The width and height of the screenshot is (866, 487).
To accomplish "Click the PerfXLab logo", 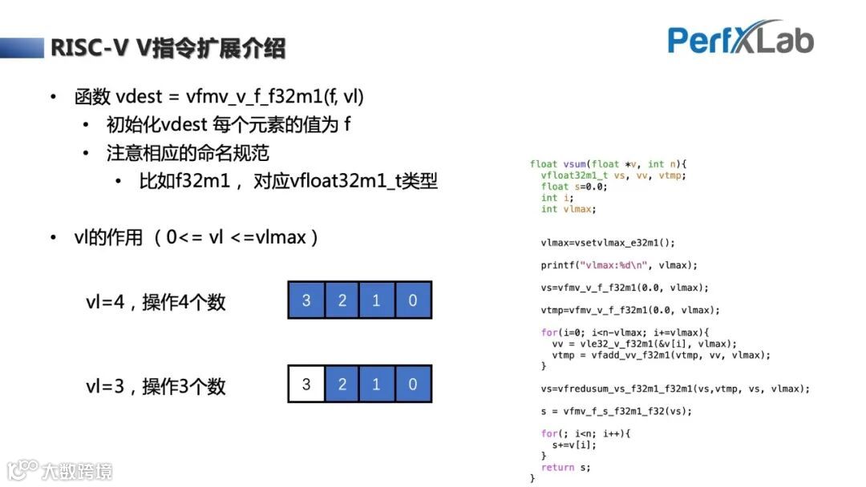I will click(740, 38).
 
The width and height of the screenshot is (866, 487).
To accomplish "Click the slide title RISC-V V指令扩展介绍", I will click(168, 48).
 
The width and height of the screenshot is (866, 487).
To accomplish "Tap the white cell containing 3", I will click(306, 384).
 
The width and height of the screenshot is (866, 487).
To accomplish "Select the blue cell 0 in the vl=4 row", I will click(413, 300).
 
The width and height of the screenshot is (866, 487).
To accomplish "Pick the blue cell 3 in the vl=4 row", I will click(306, 300).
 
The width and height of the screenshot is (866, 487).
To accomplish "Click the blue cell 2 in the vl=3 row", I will click(342, 384).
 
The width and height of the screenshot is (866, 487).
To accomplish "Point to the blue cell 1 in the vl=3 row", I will click(377, 384).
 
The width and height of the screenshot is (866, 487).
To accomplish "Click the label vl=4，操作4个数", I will click(156, 302).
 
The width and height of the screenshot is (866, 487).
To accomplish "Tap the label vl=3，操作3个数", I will click(156, 386).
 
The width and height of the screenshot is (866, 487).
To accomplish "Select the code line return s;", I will click(565, 467).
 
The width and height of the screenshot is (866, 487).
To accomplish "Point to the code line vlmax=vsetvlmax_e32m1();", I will click(608, 243).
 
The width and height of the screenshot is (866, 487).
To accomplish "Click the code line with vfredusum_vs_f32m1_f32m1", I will click(675, 388).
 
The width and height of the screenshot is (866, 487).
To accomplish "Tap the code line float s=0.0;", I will click(574, 187).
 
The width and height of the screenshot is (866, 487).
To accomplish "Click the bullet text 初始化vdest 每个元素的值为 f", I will click(229, 125).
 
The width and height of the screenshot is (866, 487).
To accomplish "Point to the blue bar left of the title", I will click(21, 48).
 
